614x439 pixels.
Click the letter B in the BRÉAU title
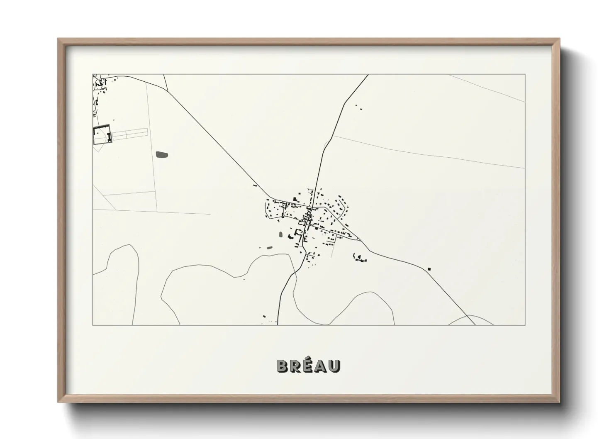pyautogui.click(x=283, y=366)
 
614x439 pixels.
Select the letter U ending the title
pyautogui.click(x=334, y=366)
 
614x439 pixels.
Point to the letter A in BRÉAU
pyautogui.click(x=321, y=366)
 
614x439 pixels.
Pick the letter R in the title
pyautogui.click(x=295, y=366)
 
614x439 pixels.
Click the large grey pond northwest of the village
pyautogui.click(x=162, y=155)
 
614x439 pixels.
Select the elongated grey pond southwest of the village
pyautogui.click(x=270, y=247)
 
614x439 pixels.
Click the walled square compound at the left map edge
pyautogui.click(x=102, y=134)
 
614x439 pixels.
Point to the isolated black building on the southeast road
pyautogui.click(x=429, y=269)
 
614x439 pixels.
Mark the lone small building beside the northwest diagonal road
pyautogui.click(x=255, y=185)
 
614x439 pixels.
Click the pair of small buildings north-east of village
pyautogui.click(x=358, y=107)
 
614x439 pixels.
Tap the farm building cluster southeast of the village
pyautogui.click(x=359, y=259)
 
